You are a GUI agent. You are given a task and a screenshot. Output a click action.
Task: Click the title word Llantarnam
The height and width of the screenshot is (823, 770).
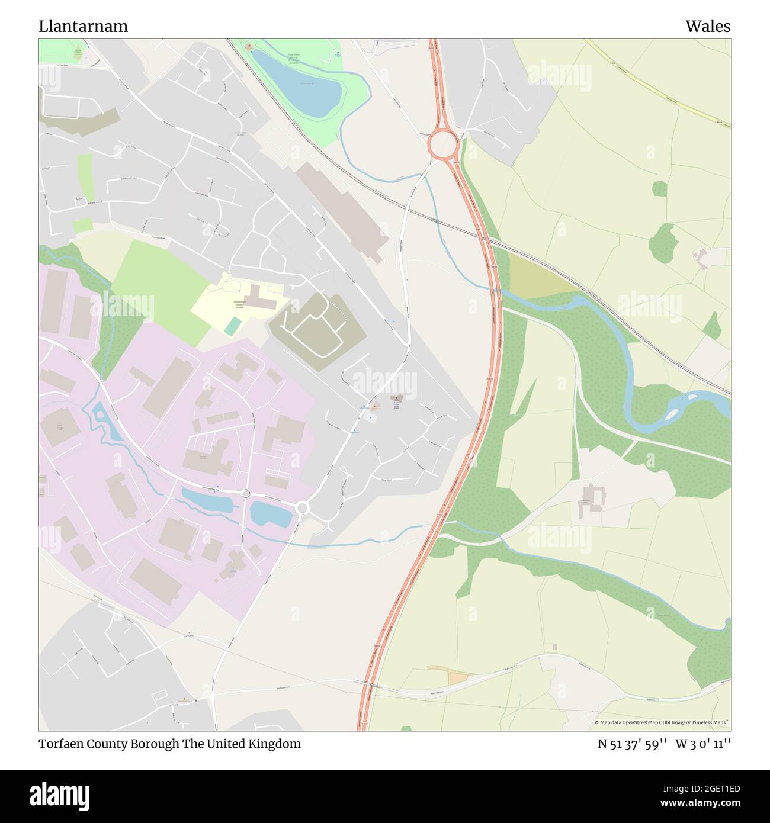(83, 27)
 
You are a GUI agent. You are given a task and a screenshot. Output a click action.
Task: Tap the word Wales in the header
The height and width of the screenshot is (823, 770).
(708, 27)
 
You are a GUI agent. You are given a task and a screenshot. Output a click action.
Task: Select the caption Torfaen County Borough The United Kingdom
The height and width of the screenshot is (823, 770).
(170, 744)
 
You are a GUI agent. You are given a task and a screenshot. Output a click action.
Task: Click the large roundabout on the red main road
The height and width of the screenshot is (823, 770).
(443, 143)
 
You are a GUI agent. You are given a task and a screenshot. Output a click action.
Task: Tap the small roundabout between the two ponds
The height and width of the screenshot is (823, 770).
(246, 494)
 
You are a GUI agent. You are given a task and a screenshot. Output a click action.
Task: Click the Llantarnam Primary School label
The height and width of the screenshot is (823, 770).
(240, 304)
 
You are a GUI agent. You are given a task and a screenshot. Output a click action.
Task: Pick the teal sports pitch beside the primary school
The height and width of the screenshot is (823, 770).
(233, 325)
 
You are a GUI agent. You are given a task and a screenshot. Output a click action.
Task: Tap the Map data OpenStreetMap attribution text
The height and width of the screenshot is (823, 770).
(662, 722)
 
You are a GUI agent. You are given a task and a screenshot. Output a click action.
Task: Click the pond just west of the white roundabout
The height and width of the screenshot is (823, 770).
(271, 513)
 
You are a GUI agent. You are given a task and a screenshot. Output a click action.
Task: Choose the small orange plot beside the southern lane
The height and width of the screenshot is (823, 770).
(456, 679)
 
